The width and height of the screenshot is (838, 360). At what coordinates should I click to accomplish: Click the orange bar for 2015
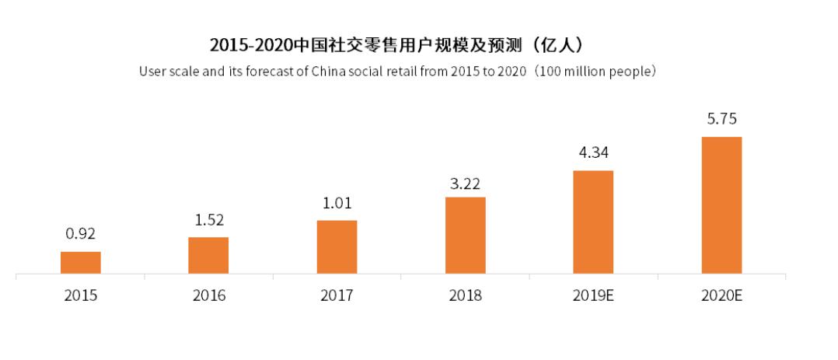[81, 263]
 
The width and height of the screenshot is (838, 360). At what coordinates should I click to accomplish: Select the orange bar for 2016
[208, 255]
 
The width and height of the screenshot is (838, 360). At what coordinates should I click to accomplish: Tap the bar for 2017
[337, 247]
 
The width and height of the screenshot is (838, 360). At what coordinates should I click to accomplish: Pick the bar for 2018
[465, 236]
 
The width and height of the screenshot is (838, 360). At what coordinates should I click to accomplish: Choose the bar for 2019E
[593, 222]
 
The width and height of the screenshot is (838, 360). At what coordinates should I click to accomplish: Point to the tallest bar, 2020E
[721, 205]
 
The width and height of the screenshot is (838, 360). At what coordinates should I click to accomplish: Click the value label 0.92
[81, 234]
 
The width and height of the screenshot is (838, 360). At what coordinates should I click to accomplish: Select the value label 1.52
[208, 220]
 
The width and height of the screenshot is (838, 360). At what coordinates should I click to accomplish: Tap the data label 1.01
[337, 204]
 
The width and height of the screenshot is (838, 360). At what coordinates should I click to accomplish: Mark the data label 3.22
[465, 184]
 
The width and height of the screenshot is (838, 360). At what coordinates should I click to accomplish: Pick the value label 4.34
[593, 153]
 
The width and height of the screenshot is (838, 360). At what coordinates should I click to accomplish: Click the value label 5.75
[721, 120]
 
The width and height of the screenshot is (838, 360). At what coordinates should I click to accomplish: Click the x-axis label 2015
[81, 296]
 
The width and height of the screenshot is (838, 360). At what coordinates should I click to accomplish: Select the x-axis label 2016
[208, 296]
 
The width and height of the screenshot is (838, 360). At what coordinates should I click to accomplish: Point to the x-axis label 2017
[337, 296]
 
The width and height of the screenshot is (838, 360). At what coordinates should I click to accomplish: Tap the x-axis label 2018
[465, 296]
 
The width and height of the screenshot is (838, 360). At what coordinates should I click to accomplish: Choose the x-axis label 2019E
[593, 296]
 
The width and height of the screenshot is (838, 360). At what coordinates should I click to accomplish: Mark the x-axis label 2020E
[721, 296]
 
